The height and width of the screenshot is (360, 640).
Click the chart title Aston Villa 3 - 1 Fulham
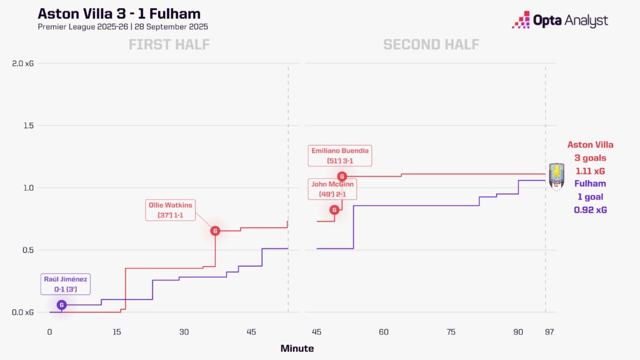pyautogui.click(x=119, y=14)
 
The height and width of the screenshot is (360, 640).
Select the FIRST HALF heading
pyautogui.click(x=169, y=45)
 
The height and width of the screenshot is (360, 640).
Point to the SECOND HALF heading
pyautogui.click(x=431, y=45)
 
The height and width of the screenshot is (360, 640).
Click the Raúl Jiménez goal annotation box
pyautogui.click(x=66, y=284)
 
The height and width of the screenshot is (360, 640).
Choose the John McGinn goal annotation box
pyautogui.click(x=332, y=189)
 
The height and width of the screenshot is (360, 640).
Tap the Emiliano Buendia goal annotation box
pyautogui.click(x=340, y=156)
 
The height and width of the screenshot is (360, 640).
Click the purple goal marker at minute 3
pyautogui.click(x=61, y=305)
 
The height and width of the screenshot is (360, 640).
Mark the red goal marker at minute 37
pyautogui.click(x=215, y=231)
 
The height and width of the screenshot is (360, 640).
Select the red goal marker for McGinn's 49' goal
pyautogui.click(x=334, y=210)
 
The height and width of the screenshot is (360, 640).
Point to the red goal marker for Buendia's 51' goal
pyautogui.click(x=342, y=176)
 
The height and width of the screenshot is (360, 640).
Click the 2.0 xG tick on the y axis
pyautogui.click(x=22, y=63)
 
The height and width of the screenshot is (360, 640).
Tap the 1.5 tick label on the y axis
pyautogui.click(x=27, y=126)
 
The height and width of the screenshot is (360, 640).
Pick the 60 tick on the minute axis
pyautogui.click(x=384, y=331)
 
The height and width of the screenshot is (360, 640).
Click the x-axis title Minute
pyautogui.click(x=297, y=348)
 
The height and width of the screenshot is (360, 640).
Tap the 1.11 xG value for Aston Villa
pyautogui.click(x=590, y=171)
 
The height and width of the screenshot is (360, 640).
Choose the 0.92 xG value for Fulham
pyautogui.click(x=590, y=210)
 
